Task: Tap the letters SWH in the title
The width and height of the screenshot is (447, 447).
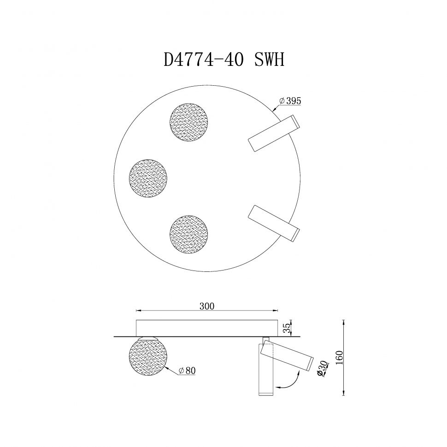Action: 269,61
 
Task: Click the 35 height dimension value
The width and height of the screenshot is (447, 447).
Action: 287,328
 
